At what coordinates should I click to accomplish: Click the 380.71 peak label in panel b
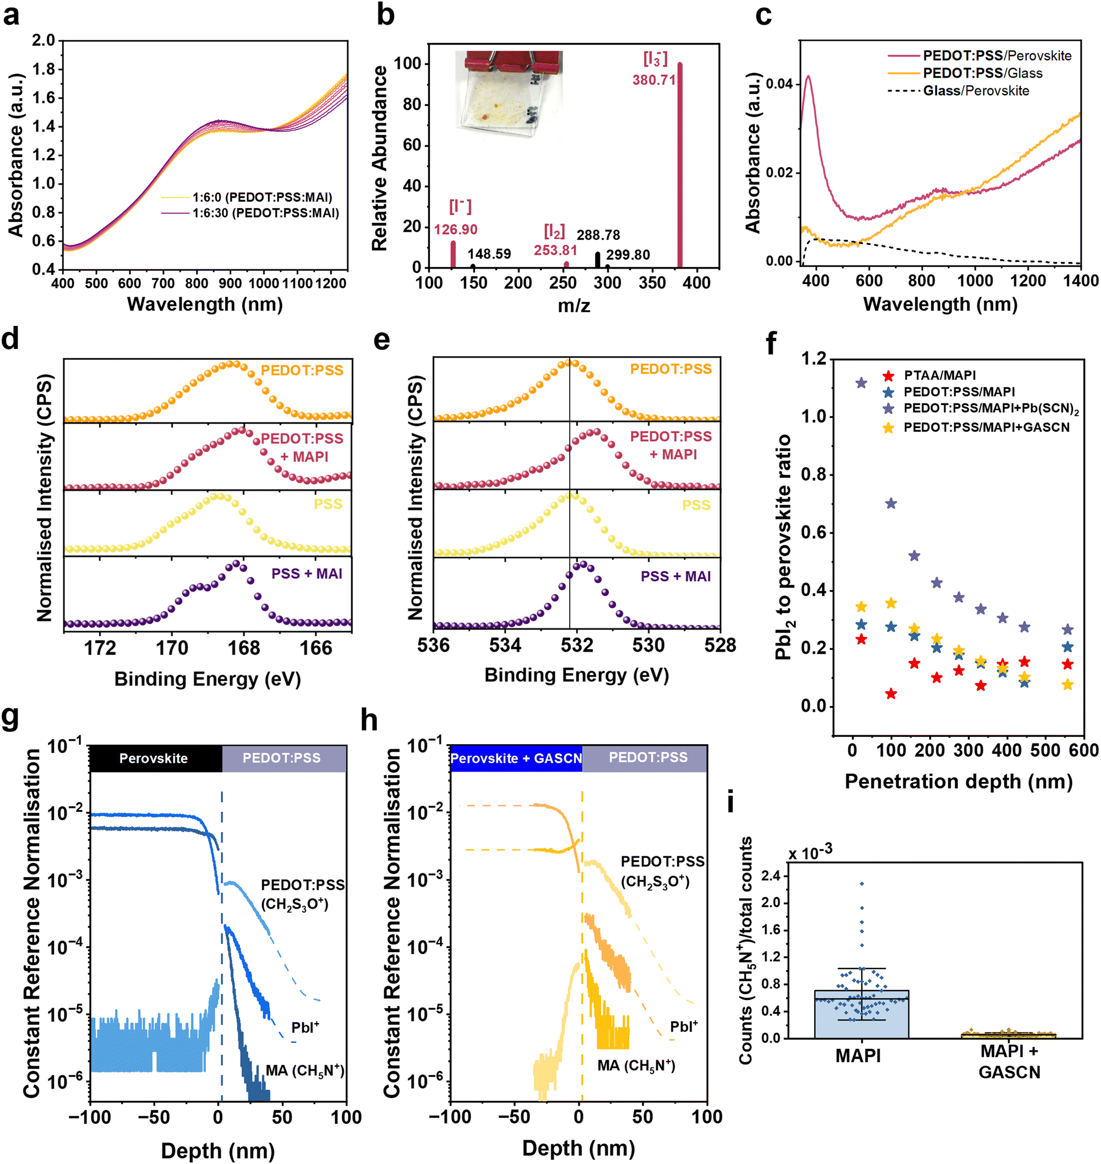[x=654, y=80]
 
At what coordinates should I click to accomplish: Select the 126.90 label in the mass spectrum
[x=455, y=229]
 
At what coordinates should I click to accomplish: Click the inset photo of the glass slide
[x=509, y=94]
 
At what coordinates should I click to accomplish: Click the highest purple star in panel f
[x=861, y=383]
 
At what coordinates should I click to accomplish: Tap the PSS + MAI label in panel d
[x=307, y=573]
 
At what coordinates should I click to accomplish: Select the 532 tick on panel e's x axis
[x=576, y=646]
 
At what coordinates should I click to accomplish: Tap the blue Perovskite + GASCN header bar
[x=516, y=758]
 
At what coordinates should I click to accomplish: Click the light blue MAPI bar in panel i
[x=861, y=1014]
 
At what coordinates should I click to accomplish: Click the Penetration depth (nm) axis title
[x=958, y=782]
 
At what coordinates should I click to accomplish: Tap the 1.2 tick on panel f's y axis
[x=814, y=358]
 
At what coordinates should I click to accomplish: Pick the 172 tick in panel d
[x=100, y=648]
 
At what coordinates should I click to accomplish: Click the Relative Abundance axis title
[x=380, y=159]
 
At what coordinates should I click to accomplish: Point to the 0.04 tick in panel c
[x=779, y=84]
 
